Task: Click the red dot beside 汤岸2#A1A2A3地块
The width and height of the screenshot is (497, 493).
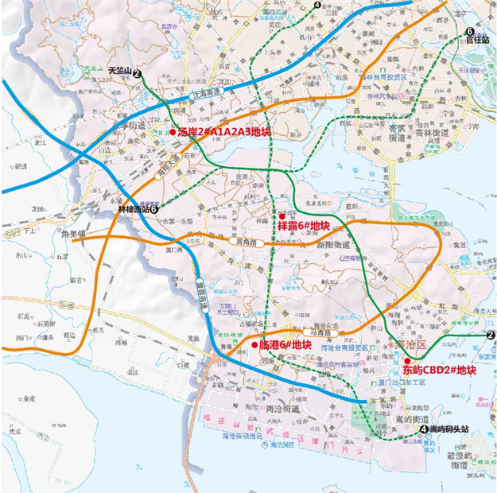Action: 173,132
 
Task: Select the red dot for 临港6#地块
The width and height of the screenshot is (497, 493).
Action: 254,345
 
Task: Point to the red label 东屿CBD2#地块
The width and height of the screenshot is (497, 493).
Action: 439,370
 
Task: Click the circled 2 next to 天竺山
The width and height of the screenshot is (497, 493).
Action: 138,73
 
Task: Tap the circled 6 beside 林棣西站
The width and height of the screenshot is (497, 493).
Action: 154,208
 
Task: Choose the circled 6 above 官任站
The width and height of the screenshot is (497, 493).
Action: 470,31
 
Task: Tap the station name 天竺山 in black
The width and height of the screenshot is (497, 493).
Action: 119,71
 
